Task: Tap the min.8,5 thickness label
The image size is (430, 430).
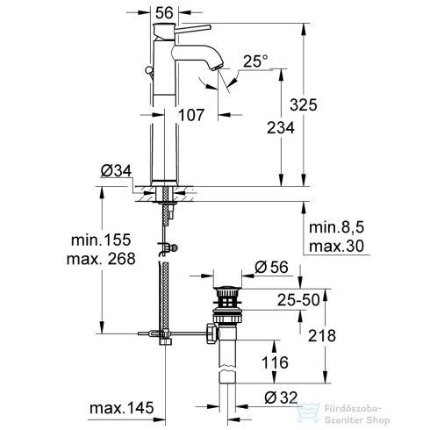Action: (x=334, y=226)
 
